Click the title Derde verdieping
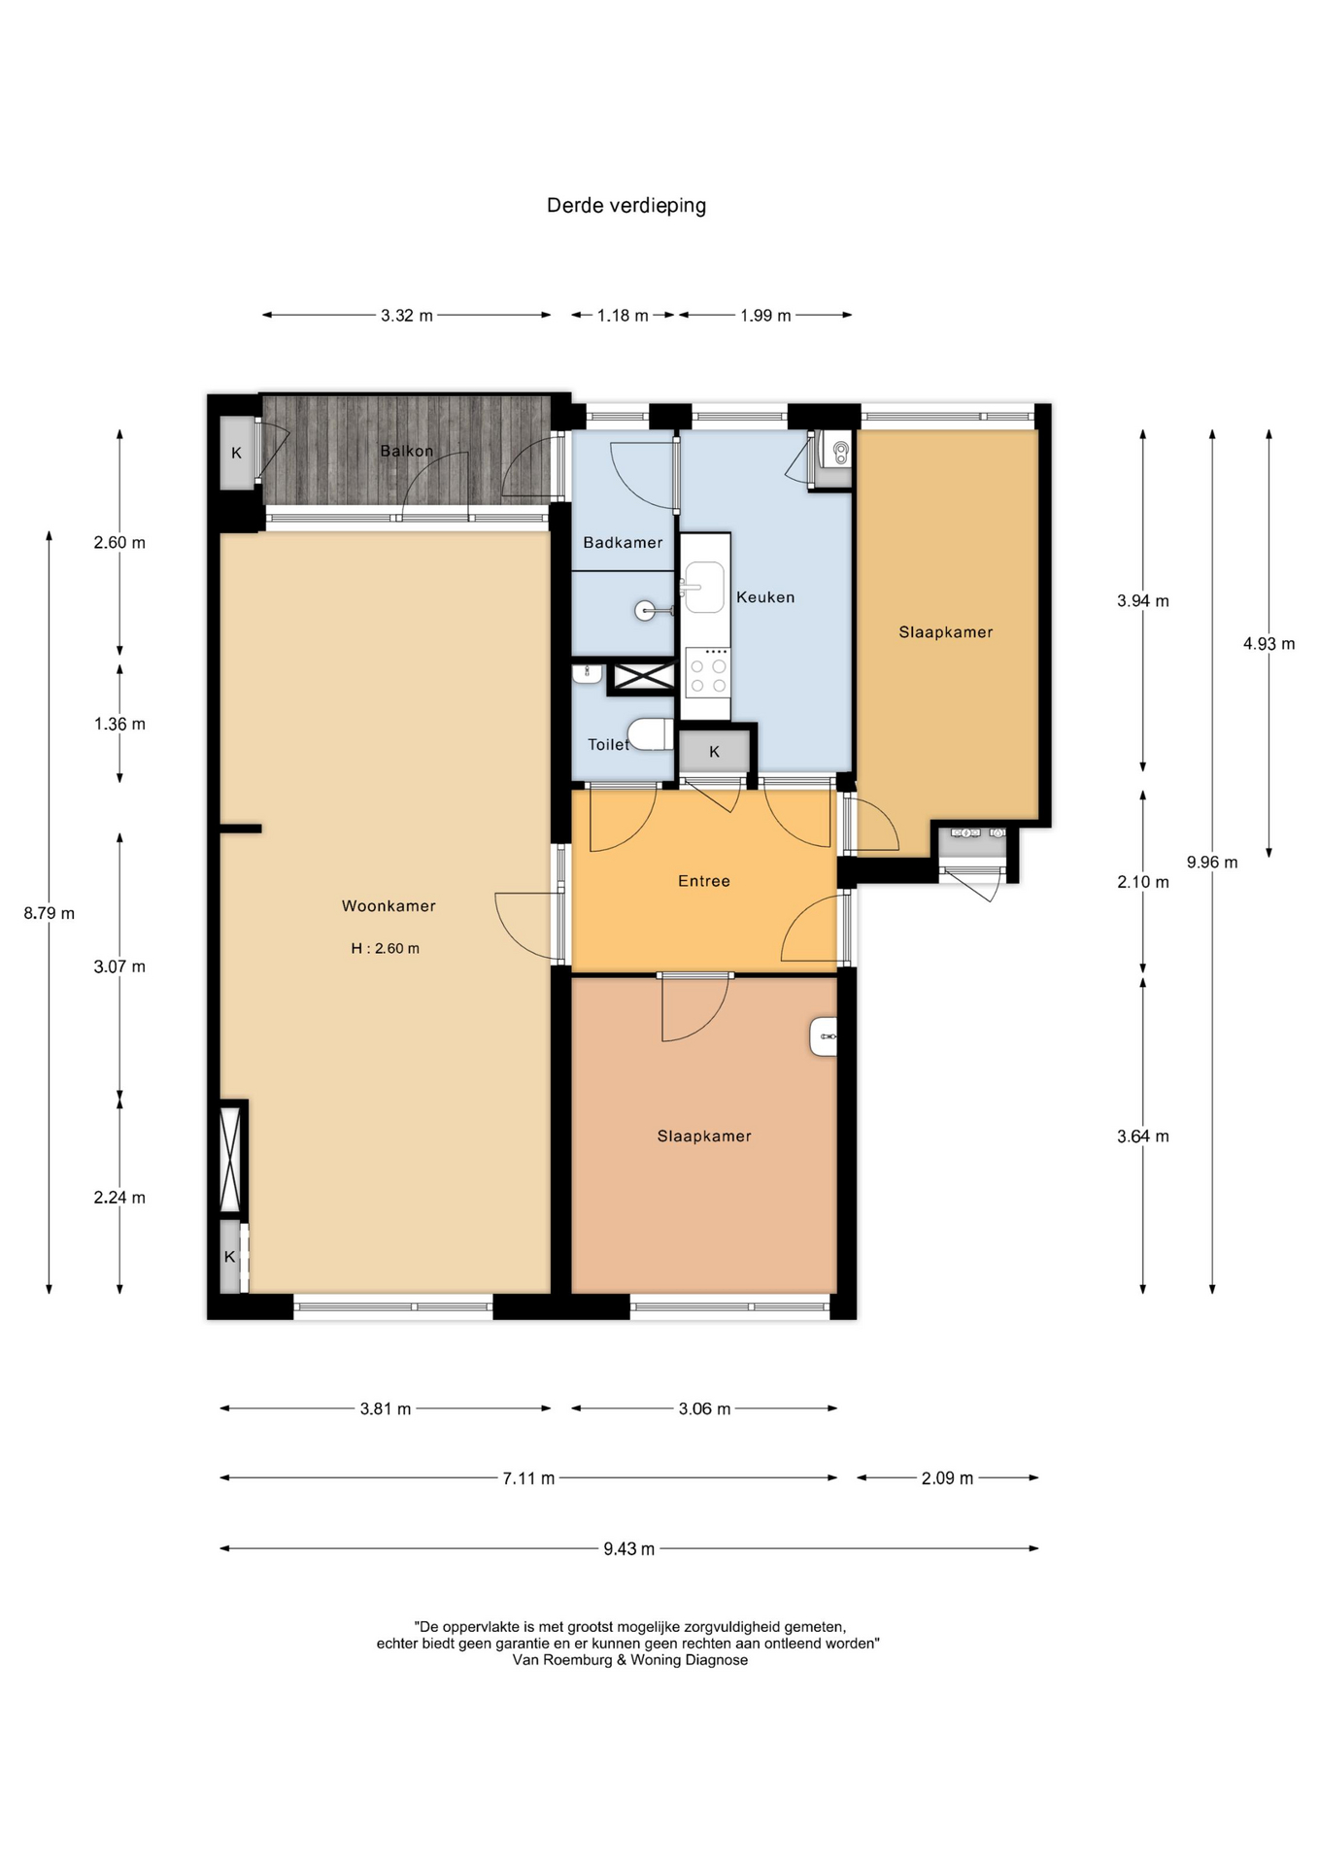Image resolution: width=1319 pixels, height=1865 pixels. tap(626, 206)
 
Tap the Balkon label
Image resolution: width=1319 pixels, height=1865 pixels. tap(407, 451)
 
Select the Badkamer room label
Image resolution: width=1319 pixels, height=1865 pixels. tap(623, 542)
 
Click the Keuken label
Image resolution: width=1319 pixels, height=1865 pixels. tap(765, 597)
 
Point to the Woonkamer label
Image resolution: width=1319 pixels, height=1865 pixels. tap(389, 906)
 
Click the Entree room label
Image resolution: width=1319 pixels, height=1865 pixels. tap(704, 881)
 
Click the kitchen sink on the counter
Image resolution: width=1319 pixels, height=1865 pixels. tap(704, 587)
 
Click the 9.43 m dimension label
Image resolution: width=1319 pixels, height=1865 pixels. tap(629, 1548)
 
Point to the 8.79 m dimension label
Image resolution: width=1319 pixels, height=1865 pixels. tap(50, 913)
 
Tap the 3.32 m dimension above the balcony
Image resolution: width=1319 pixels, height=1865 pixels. tap(407, 316)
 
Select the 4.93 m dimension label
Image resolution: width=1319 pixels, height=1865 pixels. tap(1268, 643)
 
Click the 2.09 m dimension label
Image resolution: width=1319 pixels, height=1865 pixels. tap(947, 1478)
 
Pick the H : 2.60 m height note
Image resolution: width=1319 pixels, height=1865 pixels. tap(386, 948)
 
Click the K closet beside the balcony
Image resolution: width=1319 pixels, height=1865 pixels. tap(236, 453)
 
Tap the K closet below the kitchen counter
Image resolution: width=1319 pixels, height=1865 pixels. tap(715, 752)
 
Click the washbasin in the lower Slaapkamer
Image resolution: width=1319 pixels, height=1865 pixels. tap(824, 1036)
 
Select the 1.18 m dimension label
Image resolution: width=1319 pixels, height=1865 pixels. tap(623, 316)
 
